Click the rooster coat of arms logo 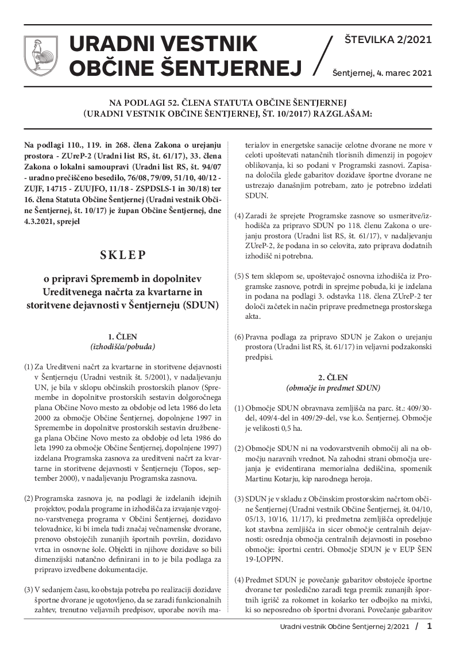pyautogui.click(x=38, y=56)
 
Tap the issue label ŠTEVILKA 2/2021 pyautogui.click(x=388, y=40)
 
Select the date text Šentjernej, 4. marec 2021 pyautogui.click(x=382, y=73)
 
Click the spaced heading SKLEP pyautogui.click(x=123, y=254)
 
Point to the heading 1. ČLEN pyautogui.click(x=123, y=337)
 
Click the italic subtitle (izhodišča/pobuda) pyautogui.click(x=123, y=346)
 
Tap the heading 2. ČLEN pyautogui.click(x=333, y=377)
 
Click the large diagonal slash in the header pyautogui.click(x=324, y=56)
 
